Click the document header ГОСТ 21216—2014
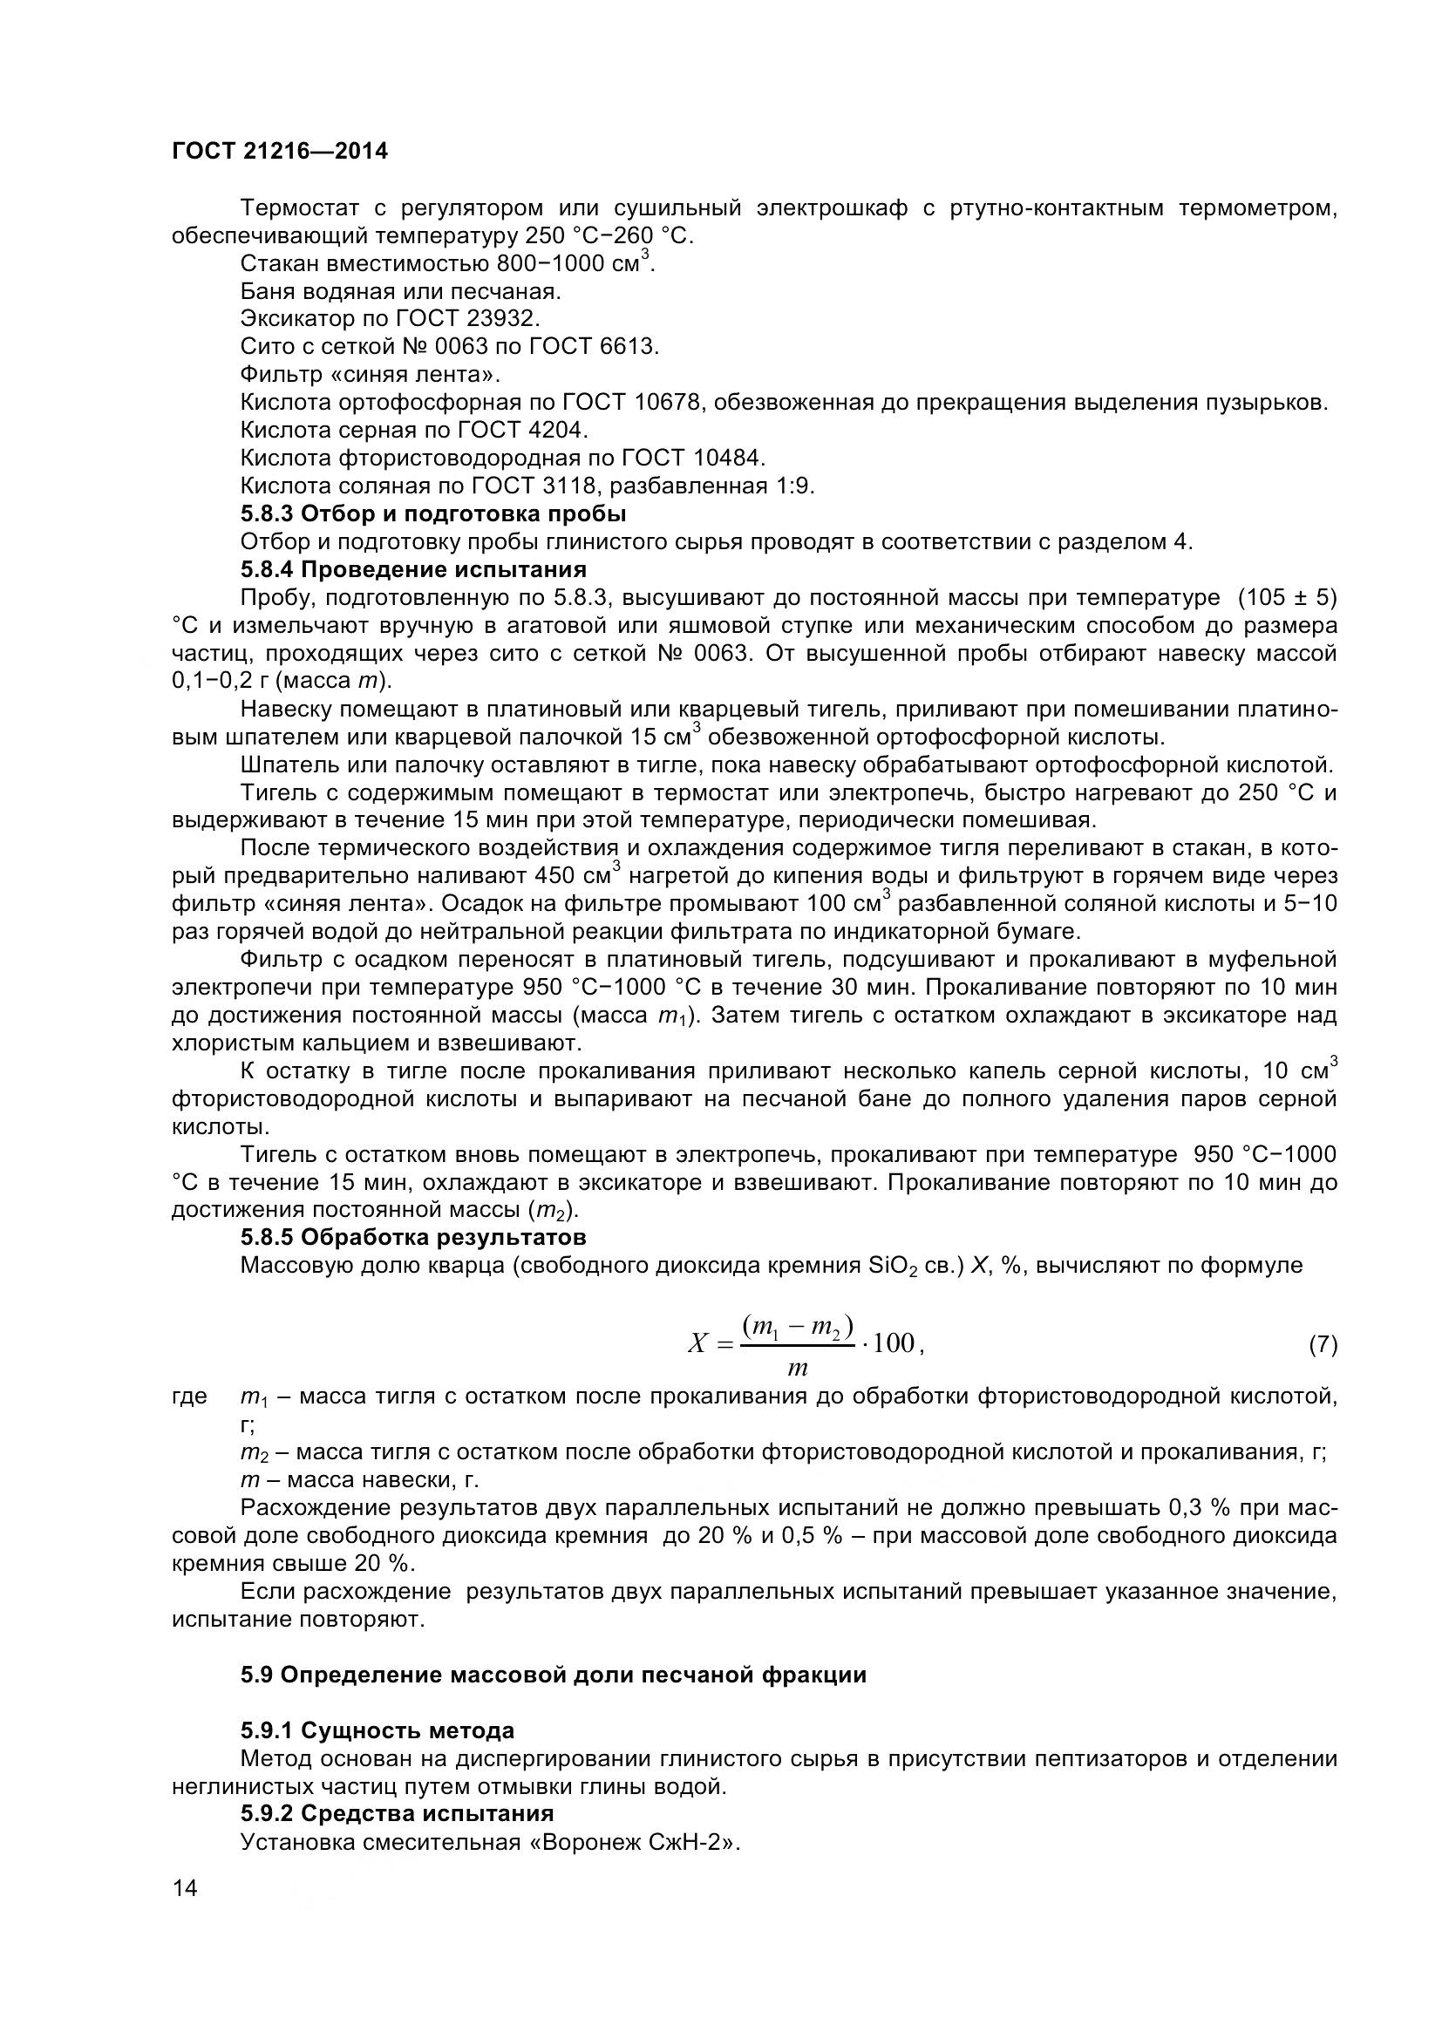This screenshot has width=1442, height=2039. coord(280,151)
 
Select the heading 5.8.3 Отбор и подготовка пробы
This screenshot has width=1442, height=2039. coord(433,514)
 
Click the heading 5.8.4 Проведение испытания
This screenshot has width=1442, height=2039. coord(413,569)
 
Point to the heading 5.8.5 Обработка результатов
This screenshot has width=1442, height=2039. coord(413,1237)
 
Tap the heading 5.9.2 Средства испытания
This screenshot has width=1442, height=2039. coord(397,1813)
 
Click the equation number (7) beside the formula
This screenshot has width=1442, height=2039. coord(1323,1344)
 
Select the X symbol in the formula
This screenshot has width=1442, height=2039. coord(698,1343)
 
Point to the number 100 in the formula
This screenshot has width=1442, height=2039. coord(894,1342)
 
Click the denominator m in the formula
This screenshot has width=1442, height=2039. coord(798,1369)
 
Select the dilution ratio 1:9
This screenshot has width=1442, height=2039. coord(795,486)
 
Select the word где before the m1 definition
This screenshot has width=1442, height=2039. coord(189,1397)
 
